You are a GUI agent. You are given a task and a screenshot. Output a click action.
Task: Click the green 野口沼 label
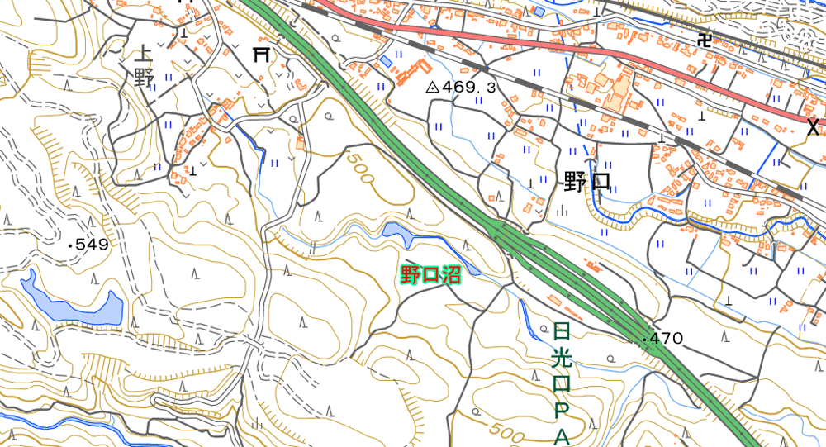point(430,275)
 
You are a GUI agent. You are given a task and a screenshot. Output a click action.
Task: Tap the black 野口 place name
point(586,182)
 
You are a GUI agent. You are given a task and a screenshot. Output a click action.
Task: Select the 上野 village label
point(143,66)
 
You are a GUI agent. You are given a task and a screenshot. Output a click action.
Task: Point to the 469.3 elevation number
point(468,87)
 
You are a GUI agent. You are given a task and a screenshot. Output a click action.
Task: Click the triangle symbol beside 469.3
point(431,87)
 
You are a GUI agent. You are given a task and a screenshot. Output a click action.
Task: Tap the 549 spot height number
point(92,245)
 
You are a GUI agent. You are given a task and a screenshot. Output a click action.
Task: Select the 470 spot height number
point(667,338)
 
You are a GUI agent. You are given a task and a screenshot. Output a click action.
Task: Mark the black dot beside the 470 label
point(644,339)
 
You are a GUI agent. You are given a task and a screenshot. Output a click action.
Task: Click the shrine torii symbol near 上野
point(262,55)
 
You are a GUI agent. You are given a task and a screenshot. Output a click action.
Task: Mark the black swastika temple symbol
point(704,38)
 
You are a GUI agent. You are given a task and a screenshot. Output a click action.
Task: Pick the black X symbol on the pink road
point(813,126)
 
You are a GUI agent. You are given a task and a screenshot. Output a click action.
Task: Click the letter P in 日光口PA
point(562,410)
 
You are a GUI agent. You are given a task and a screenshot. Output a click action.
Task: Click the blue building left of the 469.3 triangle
point(386,62)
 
